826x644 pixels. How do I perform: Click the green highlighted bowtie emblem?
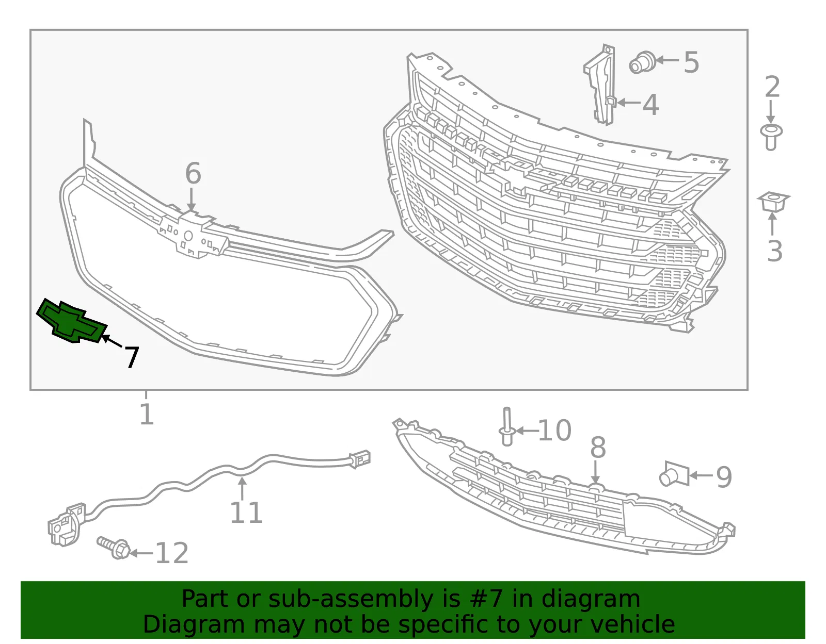[71, 321]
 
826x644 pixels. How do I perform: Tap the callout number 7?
[132, 357]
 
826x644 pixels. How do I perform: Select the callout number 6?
[193, 173]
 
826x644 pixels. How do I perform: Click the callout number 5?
[691, 62]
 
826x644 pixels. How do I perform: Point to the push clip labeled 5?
[642, 63]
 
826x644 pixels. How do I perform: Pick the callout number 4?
[651, 104]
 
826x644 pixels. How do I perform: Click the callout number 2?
[772, 87]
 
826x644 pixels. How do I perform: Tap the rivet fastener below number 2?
[771, 137]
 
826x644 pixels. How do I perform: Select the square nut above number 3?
[773, 202]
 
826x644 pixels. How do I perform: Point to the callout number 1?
[147, 414]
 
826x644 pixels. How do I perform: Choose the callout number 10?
[554, 431]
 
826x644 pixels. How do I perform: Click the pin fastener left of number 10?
[507, 426]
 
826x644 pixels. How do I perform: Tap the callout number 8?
[598, 447]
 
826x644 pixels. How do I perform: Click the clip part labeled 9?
[674, 474]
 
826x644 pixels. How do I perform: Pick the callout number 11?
[246, 513]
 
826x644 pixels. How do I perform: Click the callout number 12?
[172, 553]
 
